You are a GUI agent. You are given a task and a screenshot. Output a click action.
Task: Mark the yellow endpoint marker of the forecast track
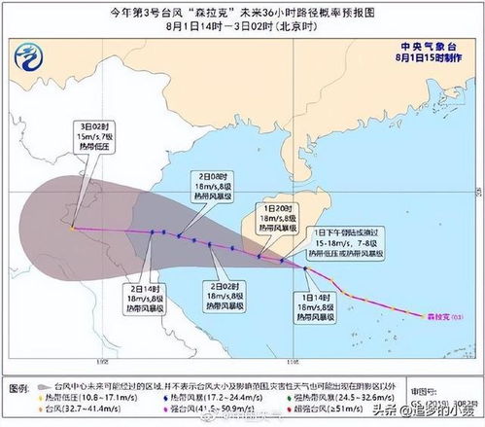(71, 230)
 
